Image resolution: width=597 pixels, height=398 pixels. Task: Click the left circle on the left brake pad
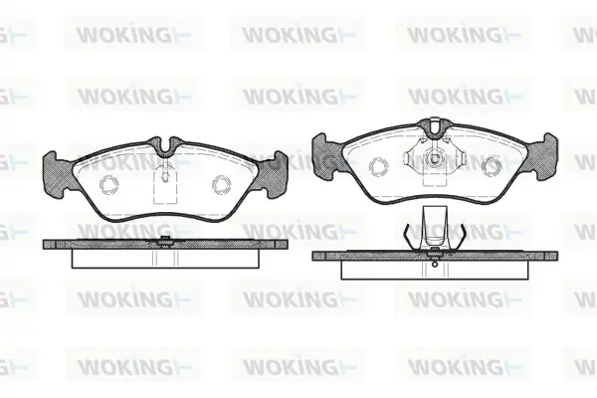click(x=108, y=184)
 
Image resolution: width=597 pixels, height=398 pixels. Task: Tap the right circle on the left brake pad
click(x=221, y=184)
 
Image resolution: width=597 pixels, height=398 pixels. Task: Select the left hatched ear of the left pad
click(x=57, y=174)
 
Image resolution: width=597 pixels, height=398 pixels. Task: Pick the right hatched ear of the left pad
click(x=272, y=174)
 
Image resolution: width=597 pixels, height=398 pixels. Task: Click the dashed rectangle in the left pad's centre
click(x=165, y=186)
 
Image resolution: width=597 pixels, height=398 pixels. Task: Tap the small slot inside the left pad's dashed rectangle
click(x=165, y=175)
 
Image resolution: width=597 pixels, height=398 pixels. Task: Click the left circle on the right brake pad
click(x=379, y=167)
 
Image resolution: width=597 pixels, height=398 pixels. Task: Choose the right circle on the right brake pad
click(x=492, y=167)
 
